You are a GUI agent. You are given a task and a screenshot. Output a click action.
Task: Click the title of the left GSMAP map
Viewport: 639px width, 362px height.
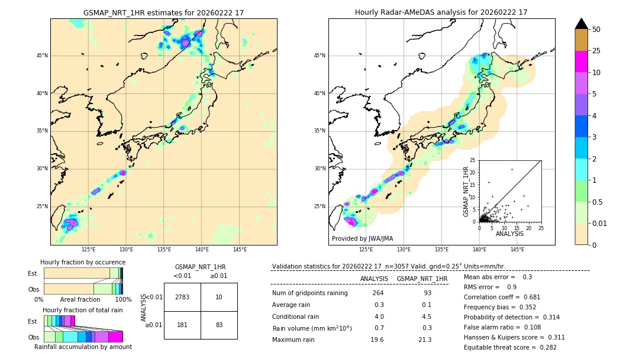coord(163,12)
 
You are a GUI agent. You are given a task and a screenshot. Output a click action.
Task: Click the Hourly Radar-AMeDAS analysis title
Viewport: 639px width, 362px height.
coord(441,12)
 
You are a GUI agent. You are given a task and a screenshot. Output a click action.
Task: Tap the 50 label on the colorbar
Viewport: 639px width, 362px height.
coord(596,30)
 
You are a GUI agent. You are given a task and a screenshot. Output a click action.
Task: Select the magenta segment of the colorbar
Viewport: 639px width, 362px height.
coord(581,62)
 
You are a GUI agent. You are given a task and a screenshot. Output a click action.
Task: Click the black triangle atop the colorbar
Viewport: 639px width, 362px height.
coord(581,24)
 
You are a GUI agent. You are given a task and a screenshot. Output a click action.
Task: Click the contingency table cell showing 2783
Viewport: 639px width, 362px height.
coord(182,297)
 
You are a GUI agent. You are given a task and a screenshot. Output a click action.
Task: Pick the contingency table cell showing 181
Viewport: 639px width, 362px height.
coord(182,324)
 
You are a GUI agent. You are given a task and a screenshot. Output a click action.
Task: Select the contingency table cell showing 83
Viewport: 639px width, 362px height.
coord(219,324)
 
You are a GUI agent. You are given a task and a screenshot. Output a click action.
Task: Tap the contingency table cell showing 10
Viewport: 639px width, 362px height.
coord(219,297)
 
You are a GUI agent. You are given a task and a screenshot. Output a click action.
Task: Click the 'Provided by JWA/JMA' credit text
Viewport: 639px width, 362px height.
coord(362,238)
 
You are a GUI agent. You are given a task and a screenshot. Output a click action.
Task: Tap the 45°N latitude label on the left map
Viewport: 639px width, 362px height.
coord(42,56)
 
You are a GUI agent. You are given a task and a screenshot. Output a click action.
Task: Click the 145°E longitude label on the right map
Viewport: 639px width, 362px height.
coord(517,250)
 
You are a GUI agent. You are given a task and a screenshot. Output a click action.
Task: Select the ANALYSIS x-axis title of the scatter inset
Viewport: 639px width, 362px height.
coord(509,234)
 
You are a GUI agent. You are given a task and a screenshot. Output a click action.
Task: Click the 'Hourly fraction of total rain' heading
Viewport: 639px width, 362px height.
coord(83,310)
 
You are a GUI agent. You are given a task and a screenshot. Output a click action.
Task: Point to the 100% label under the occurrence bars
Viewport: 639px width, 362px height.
coord(122,299)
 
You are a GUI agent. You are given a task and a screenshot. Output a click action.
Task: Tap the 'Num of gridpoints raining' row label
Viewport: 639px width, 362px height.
coord(309,293)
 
